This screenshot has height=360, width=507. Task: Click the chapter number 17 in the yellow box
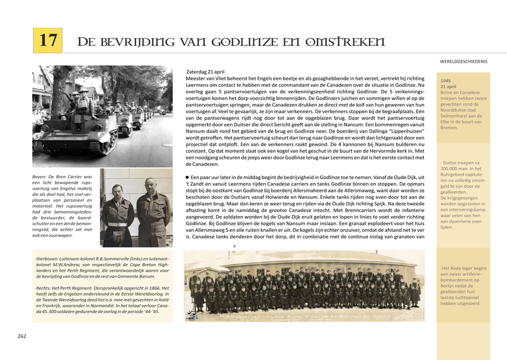pyautogui.click(x=48, y=41)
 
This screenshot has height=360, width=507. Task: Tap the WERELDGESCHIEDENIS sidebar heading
pyautogui.click(x=463, y=61)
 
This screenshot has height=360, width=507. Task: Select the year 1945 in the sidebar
pyautogui.click(x=446, y=81)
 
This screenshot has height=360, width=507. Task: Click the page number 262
pyautogui.click(x=22, y=336)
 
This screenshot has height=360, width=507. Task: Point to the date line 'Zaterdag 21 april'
pyautogui.click(x=205, y=71)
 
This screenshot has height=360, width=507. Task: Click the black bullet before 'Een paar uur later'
pyautogui.click(x=187, y=177)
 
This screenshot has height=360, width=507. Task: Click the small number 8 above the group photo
pyautogui.click(x=234, y=246)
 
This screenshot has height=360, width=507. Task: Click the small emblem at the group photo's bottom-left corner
pyautogui.click(x=190, y=317)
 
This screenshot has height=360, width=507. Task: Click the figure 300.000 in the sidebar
pyautogui.click(x=450, y=169)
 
